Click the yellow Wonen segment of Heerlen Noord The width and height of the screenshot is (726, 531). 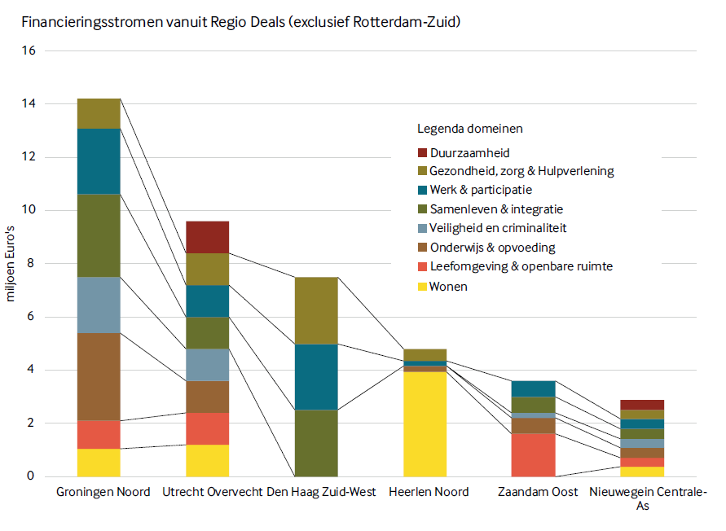[425, 424]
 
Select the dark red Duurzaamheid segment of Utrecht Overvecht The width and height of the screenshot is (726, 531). [208, 238]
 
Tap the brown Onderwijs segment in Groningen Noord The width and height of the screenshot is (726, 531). [99, 377]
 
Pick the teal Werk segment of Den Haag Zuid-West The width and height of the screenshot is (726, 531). [316, 377]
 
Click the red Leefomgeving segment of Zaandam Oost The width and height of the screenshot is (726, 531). [534, 455]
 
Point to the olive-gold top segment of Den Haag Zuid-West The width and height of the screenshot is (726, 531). [316, 310]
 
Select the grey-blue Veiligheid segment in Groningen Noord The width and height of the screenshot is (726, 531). [99, 305]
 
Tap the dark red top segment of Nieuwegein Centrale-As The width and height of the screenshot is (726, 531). [642, 405]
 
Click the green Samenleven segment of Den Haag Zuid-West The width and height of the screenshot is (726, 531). [316, 443]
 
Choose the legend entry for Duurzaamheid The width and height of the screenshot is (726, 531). [464, 153]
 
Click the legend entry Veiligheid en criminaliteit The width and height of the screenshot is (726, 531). [492, 228]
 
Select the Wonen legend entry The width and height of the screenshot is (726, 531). [442, 287]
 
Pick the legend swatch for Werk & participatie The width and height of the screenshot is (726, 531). [422, 190]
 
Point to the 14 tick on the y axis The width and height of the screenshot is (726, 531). [29, 103]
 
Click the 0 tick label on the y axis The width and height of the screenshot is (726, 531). [31, 476]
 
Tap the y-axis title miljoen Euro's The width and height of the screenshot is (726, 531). [11, 264]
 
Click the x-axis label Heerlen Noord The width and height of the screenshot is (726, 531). [429, 492]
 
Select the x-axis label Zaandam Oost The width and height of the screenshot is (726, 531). [538, 492]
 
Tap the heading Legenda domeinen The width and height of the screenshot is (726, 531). [470, 129]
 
